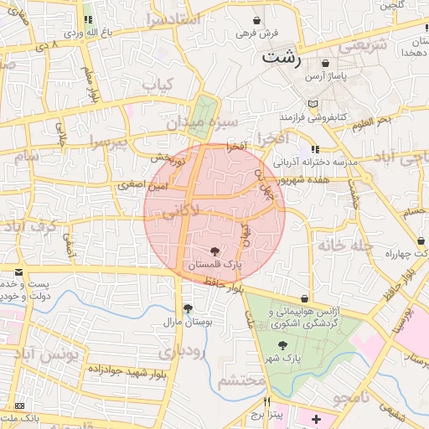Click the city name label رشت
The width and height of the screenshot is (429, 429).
tap(281, 57)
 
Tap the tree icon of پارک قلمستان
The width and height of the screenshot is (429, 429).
tap(215, 251)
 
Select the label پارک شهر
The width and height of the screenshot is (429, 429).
tap(285, 358)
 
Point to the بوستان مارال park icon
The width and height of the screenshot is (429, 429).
tap(188, 308)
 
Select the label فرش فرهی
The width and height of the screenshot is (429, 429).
tap(256, 34)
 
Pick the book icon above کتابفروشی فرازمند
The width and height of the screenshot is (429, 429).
tap(313, 103)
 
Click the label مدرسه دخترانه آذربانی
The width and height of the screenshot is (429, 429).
tap(318, 161)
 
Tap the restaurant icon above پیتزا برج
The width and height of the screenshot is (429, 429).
tap(268, 401)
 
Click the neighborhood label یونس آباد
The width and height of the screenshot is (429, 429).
tap(75, 355)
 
